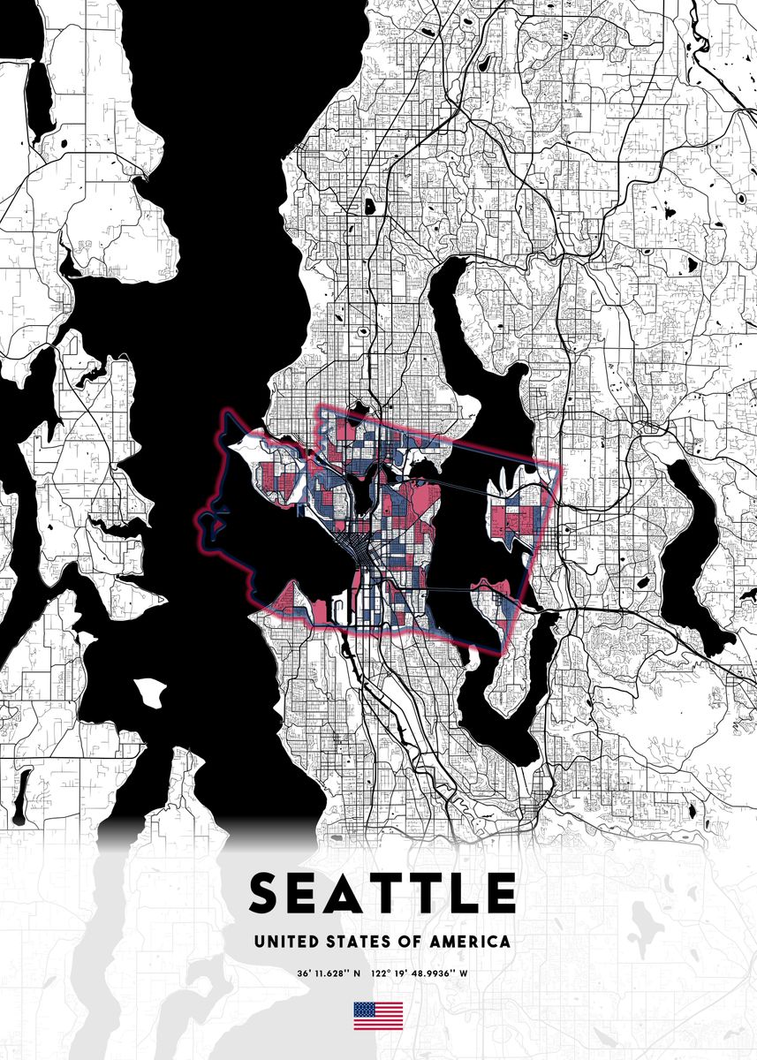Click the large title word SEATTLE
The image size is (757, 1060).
382,892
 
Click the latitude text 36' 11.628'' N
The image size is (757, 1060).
329,974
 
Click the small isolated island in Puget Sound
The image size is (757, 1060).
149,691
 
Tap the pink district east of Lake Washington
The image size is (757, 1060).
514,521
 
